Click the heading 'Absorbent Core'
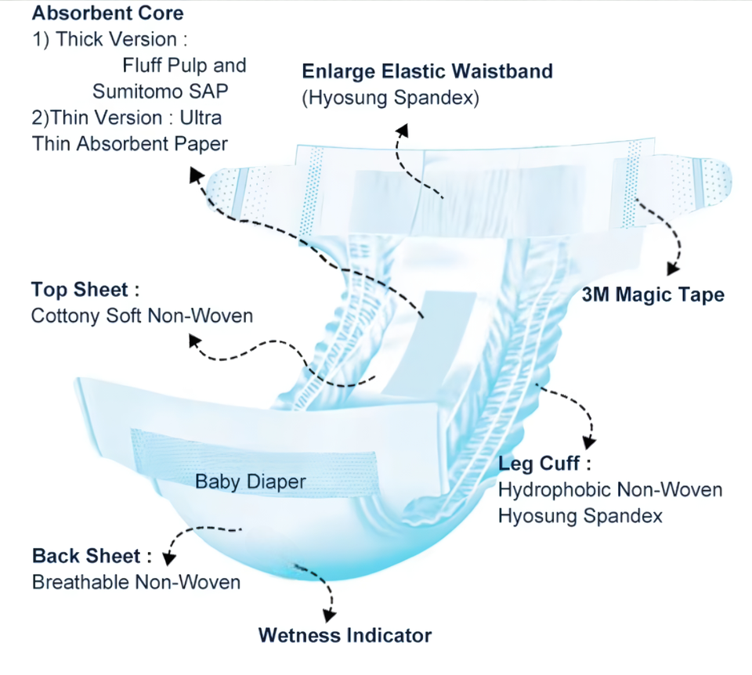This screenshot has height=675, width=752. click(x=107, y=13)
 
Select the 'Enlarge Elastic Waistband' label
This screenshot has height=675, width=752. click(x=428, y=71)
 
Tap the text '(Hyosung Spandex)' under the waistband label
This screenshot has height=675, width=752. click(x=390, y=99)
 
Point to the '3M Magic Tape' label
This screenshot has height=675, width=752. click(x=653, y=294)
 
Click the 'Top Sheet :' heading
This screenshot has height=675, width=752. click(x=85, y=289)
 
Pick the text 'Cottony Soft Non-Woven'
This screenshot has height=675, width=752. click(x=143, y=316)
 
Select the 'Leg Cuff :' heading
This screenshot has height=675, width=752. click(x=539, y=464)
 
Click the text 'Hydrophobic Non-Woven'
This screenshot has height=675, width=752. click(x=610, y=490)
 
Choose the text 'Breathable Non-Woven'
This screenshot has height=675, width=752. click(x=136, y=583)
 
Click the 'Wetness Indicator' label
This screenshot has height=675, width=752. click(x=345, y=634)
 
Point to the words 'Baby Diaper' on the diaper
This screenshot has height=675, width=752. click(x=250, y=481)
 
